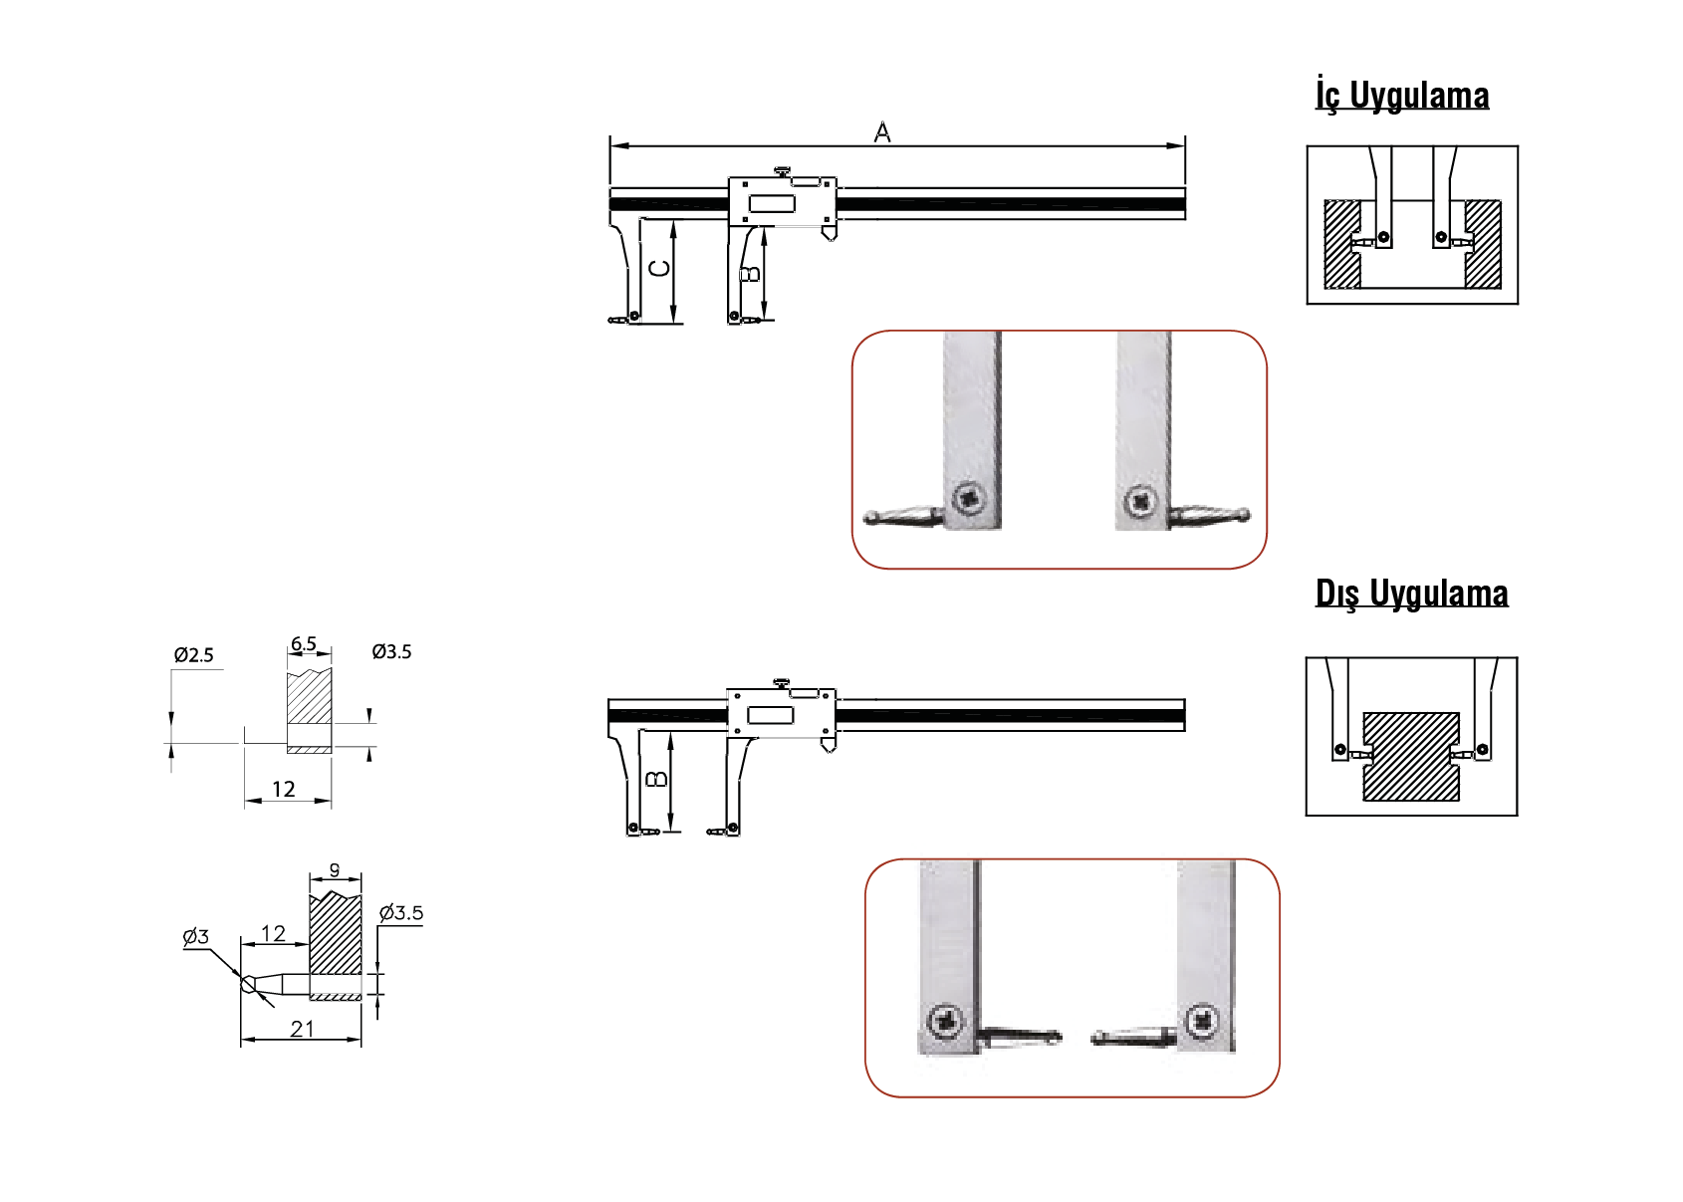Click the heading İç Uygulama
click(x=1401, y=96)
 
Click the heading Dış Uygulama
click(x=1411, y=594)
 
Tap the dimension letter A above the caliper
click(x=882, y=132)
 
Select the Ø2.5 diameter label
click(x=193, y=655)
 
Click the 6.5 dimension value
click(x=304, y=644)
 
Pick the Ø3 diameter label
click(x=195, y=936)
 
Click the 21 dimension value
click(x=302, y=1029)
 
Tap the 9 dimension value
click(x=335, y=870)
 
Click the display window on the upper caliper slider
click(x=772, y=204)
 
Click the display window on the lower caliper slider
click(x=770, y=715)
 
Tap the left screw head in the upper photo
click(x=968, y=497)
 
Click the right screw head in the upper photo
click(x=1140, y=501)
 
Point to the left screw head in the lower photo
click(x=945, y=1021)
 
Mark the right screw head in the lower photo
click(x=1203, y=1021)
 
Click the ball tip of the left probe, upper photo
click(x=871, y=518)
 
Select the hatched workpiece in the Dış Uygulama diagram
click(x=1411, y=757)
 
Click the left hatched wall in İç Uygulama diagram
click(x=1340, y=244)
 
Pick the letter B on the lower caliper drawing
click(x=655, y=779)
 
